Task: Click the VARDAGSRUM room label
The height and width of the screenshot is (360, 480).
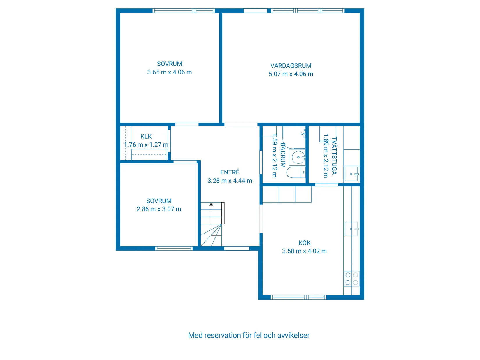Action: point(291,66)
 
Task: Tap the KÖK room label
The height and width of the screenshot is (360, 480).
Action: point(304,243)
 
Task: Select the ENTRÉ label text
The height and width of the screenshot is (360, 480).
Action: point(230,172)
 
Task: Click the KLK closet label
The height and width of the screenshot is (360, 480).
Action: point(146,136)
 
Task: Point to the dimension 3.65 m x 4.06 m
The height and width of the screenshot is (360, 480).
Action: point(170,72)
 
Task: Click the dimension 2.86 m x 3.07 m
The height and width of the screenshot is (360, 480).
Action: point(159,209)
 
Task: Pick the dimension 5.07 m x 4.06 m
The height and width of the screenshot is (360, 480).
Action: point(291,74)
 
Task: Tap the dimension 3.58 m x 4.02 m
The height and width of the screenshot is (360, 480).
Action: point(304,251)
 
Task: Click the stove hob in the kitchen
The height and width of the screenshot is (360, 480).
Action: point(351,279)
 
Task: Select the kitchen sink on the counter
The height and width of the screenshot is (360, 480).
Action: point(351,229)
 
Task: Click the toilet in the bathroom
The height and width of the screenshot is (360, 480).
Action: point(296,172)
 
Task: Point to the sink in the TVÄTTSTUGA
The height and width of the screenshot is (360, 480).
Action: point(351,174)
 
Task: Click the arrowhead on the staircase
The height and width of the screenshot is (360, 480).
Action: point(211,204)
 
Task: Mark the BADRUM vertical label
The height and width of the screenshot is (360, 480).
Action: point(282,155)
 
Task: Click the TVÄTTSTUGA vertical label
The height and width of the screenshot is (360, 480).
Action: point(334,156)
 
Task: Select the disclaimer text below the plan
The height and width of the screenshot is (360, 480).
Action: point(249,335)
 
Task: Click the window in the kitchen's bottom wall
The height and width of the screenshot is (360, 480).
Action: point(298,297)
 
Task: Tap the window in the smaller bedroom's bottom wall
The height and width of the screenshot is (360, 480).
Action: point(174,248)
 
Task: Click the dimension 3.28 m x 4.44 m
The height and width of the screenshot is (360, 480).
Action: point(230,181)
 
